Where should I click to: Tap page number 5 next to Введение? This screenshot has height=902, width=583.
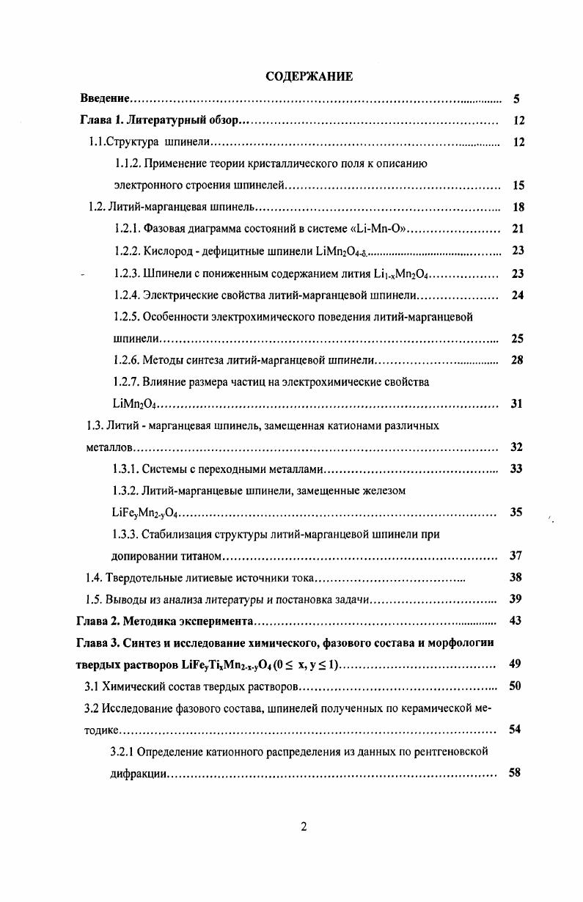pos(516,99)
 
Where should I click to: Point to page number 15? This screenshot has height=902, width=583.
pos(518,186)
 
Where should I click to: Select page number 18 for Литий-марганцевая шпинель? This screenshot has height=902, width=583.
pos(518,208)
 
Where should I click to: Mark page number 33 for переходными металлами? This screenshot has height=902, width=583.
pos(516,469)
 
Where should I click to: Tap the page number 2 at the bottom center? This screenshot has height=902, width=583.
pos(304,827)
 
